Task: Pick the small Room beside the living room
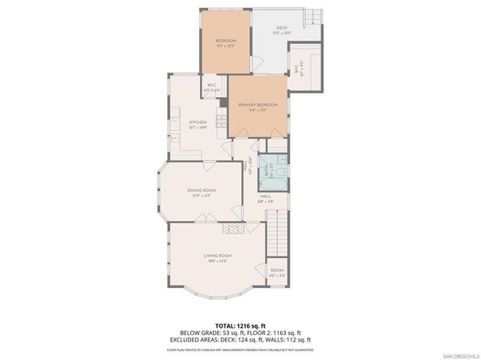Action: coord(277,273)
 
